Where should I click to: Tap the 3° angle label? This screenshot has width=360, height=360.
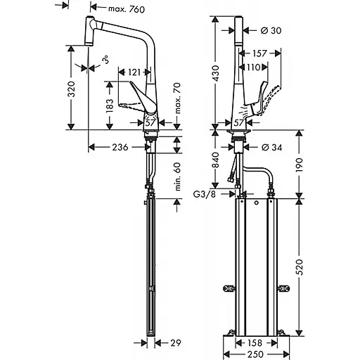coord(105,61)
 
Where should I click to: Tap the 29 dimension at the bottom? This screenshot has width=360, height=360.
coord(176,343)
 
